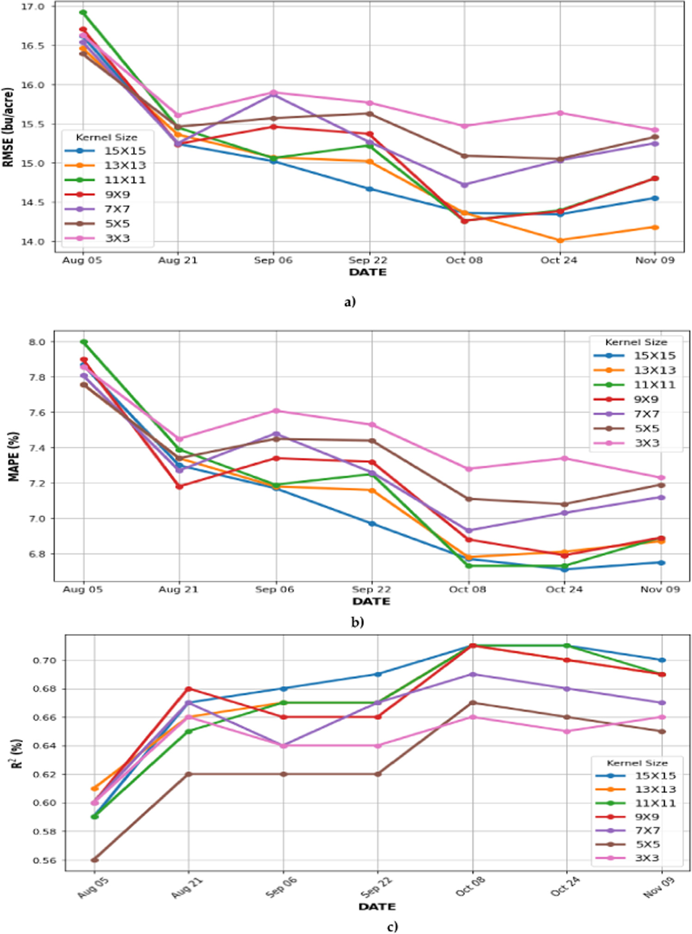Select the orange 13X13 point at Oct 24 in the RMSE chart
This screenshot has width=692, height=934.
560,240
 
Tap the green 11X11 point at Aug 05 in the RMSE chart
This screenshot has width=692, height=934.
83,12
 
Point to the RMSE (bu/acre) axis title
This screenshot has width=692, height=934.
8,127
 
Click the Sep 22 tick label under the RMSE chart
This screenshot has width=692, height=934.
368,261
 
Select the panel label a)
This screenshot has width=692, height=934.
350,302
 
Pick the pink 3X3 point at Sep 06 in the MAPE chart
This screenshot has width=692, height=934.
276,411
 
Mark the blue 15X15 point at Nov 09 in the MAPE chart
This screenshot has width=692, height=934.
662,563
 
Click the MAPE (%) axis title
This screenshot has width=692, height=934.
14,456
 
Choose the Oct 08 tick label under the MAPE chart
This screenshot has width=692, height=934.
467,590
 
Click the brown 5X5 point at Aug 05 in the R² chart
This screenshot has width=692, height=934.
95,860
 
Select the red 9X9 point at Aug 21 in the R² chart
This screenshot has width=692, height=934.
188,689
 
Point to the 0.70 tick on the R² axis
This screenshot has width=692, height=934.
44,661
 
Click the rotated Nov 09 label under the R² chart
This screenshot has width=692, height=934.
660,887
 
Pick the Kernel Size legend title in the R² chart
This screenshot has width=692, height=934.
637,763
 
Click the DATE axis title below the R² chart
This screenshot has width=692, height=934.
377,907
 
